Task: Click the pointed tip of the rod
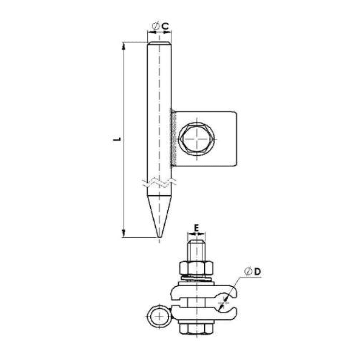(x=160, y=235)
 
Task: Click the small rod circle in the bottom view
(x=159, y=316)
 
